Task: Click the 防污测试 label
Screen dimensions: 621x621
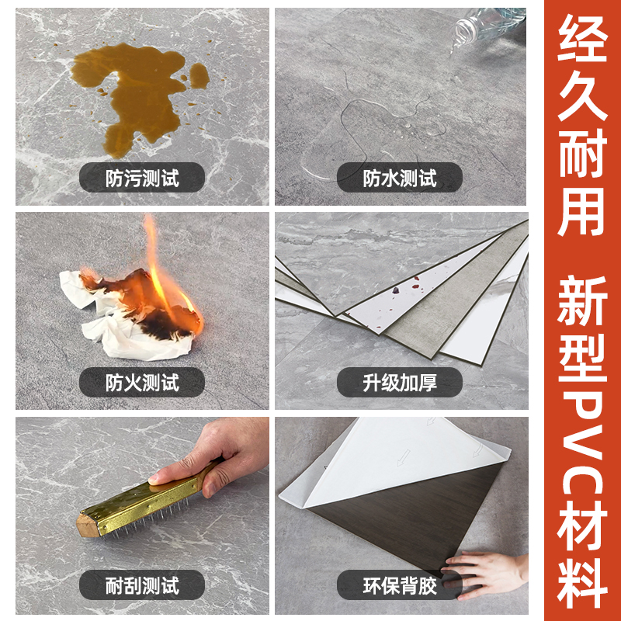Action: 142,179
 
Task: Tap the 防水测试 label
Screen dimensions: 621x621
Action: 400,179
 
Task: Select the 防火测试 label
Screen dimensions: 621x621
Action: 142,382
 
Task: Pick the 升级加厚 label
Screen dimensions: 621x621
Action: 400,382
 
